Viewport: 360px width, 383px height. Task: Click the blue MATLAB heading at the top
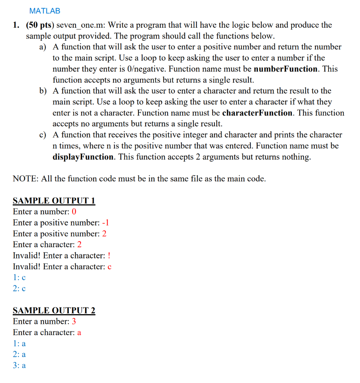coord(45,11)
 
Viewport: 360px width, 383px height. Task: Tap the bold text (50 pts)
coord(40,25)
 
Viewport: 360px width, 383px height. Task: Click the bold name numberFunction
coord(286,69)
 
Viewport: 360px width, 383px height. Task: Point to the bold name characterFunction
coord(257,113)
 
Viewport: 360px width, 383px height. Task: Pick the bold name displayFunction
coord(83,157)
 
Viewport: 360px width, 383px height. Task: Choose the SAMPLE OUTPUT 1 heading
coord(54,201)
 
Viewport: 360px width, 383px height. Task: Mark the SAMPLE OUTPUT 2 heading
coord(54,310)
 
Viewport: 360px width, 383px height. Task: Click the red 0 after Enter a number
coord(74,212)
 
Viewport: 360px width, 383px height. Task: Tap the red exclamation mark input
coord(109,256)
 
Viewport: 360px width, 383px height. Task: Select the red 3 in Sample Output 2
coord(74,322)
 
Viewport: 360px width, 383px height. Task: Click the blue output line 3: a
coord(19,365)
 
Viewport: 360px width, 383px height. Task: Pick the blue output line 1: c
coord(19,278)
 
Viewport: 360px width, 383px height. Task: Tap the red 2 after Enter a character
coord(79,245)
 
